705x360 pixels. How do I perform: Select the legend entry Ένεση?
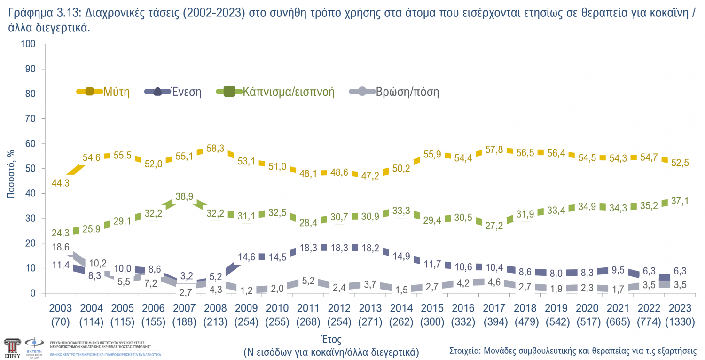click(186, 92)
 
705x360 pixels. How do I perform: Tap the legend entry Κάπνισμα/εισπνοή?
click(288, 92)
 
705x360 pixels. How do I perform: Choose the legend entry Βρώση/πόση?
click(407, 92)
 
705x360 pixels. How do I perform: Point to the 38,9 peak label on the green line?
click(185, 197)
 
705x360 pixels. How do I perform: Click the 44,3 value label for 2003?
click(61, 183)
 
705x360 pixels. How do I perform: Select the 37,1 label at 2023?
click(680, 201)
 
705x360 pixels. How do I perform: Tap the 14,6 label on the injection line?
click(247, 257)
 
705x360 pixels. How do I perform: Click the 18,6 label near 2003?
click(61, 247)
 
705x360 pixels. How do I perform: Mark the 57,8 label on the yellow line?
click(493, 149)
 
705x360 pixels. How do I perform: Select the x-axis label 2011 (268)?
click(308, 315)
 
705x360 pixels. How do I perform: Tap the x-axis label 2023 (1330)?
click(680, 315)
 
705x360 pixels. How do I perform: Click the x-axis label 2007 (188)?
click(184, 315)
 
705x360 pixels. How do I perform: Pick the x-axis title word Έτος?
click(331, 339)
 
